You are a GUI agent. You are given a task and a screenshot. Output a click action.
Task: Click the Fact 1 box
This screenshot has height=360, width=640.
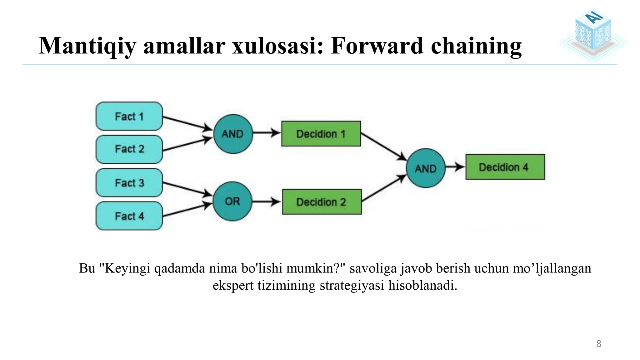(x=129, y=116)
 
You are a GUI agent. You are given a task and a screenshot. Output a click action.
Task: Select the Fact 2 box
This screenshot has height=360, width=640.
(x=129, y=149)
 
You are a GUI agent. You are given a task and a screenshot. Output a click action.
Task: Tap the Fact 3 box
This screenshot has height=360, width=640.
(x=129, y=182)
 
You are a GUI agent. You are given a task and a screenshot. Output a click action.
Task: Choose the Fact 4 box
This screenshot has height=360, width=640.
(x=129, y=216)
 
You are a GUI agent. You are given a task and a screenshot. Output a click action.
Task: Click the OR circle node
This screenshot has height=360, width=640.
(x=232, y=201)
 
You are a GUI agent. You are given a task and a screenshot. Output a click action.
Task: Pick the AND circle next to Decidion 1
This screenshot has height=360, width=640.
(x=233, y=134)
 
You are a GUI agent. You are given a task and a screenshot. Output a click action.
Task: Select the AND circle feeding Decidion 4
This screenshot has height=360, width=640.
(x=425, y=168)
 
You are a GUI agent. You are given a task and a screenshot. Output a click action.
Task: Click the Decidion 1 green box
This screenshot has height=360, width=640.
(x=321, y=134)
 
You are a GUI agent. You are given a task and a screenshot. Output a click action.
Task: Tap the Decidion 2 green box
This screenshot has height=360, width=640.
(x=322, y=202)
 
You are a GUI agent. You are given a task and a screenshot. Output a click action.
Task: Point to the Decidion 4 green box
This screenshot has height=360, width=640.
(x=505, y=167)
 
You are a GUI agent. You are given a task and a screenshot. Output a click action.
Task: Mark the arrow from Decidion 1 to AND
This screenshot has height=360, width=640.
(x=383, y=147)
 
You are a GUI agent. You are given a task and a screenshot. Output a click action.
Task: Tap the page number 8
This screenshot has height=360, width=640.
(x=598, y=344)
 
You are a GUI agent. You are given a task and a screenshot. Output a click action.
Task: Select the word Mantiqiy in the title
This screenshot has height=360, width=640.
(x=87, y=46)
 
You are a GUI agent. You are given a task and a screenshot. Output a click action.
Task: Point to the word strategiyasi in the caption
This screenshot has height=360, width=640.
(x=352, y=285)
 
